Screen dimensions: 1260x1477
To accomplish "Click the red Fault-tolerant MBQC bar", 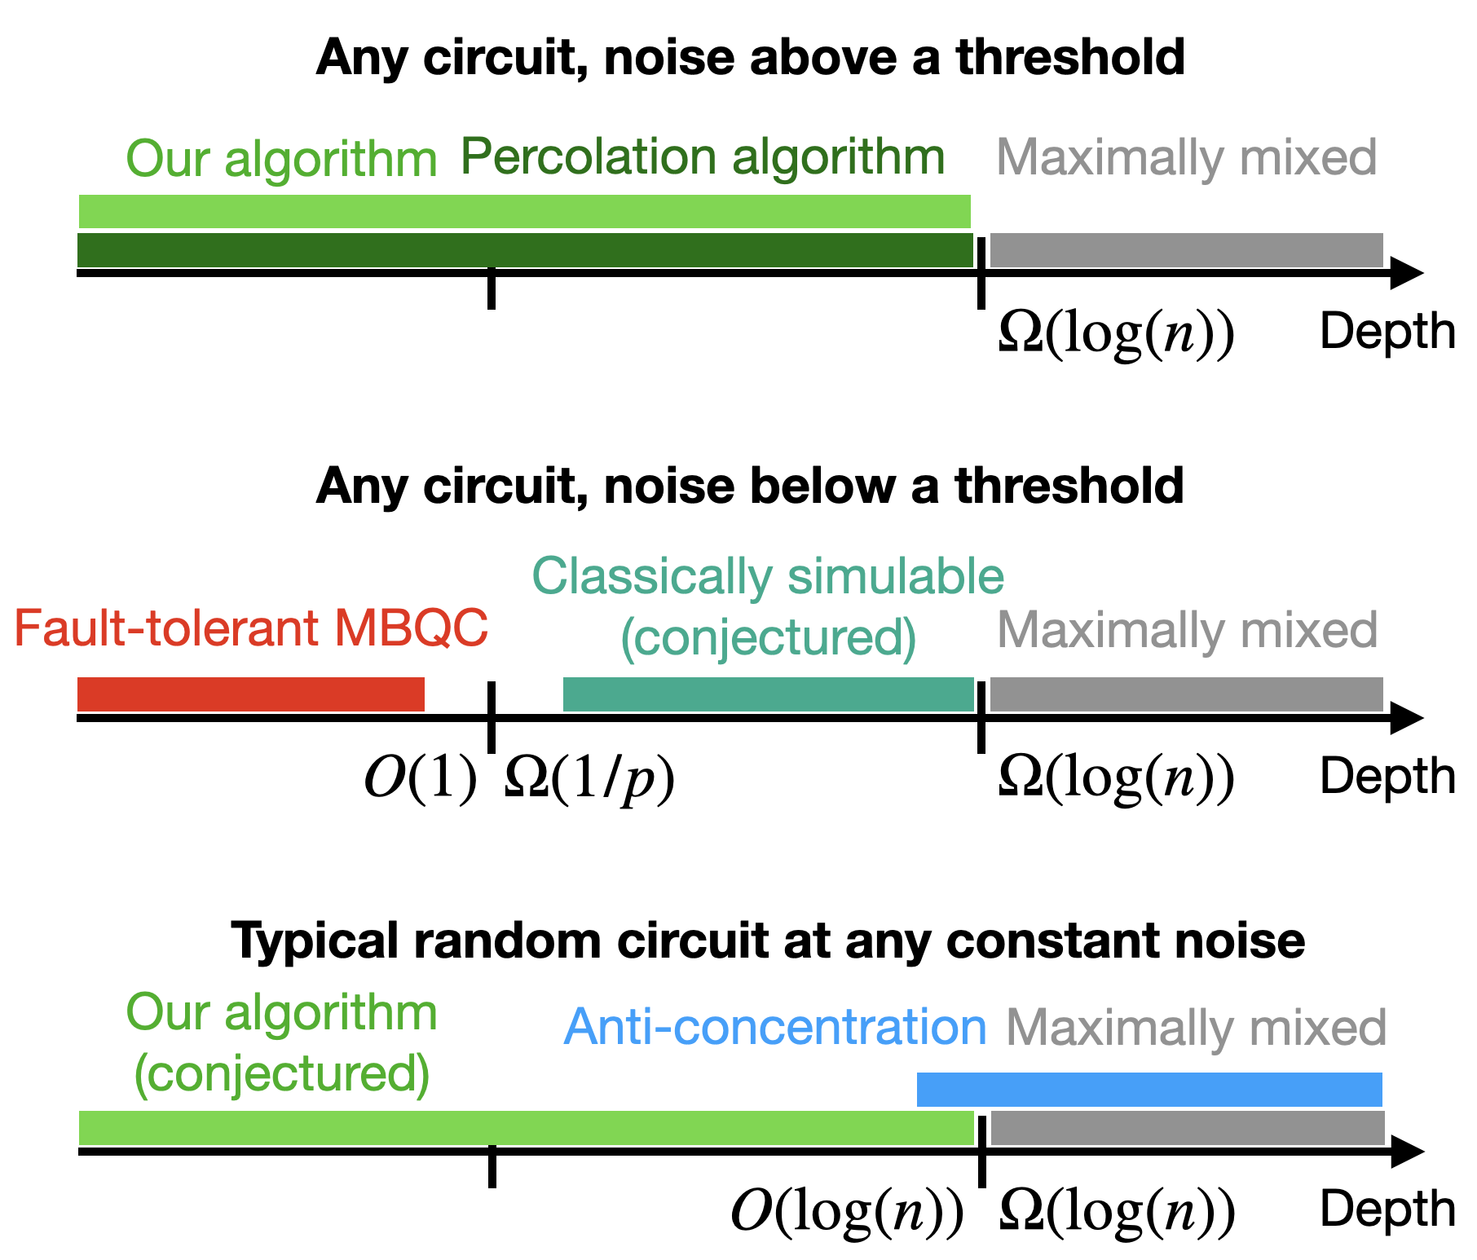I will click(251, 694).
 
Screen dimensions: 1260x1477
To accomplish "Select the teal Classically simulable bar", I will click(768, 694).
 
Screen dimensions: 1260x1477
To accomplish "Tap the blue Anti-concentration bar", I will click(1149, 1090).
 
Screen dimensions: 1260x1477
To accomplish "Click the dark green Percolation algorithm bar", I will click(525, 250).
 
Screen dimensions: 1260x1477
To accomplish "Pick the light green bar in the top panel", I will click(525, 212).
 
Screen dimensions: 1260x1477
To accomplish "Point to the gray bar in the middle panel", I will click(1186, 694).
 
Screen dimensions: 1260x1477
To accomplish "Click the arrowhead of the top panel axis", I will click(1406, 273).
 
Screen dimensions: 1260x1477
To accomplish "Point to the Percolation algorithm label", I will click(703, 157).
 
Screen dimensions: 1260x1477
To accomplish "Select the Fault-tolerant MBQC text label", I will click(251, 628).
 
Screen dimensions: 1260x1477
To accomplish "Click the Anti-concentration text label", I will click(774, 1027).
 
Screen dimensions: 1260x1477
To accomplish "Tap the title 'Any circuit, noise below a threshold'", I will click(750, 487).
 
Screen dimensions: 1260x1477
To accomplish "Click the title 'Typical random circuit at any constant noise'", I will click(768, 941).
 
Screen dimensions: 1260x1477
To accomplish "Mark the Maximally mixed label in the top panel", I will click(1186, 157).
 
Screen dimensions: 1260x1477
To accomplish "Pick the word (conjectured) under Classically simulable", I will click(768, 637).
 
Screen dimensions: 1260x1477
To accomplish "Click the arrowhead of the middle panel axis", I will click(1406, 718).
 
